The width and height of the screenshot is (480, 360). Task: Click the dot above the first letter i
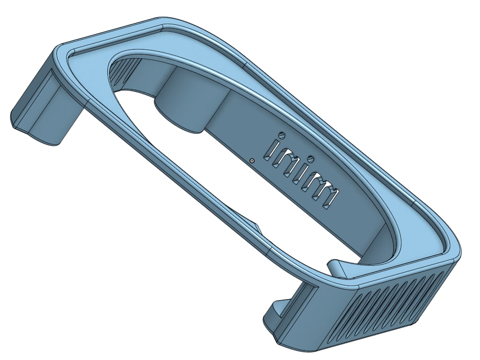281,135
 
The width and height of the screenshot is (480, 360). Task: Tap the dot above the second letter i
311,159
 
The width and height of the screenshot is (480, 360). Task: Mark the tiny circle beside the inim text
252,161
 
